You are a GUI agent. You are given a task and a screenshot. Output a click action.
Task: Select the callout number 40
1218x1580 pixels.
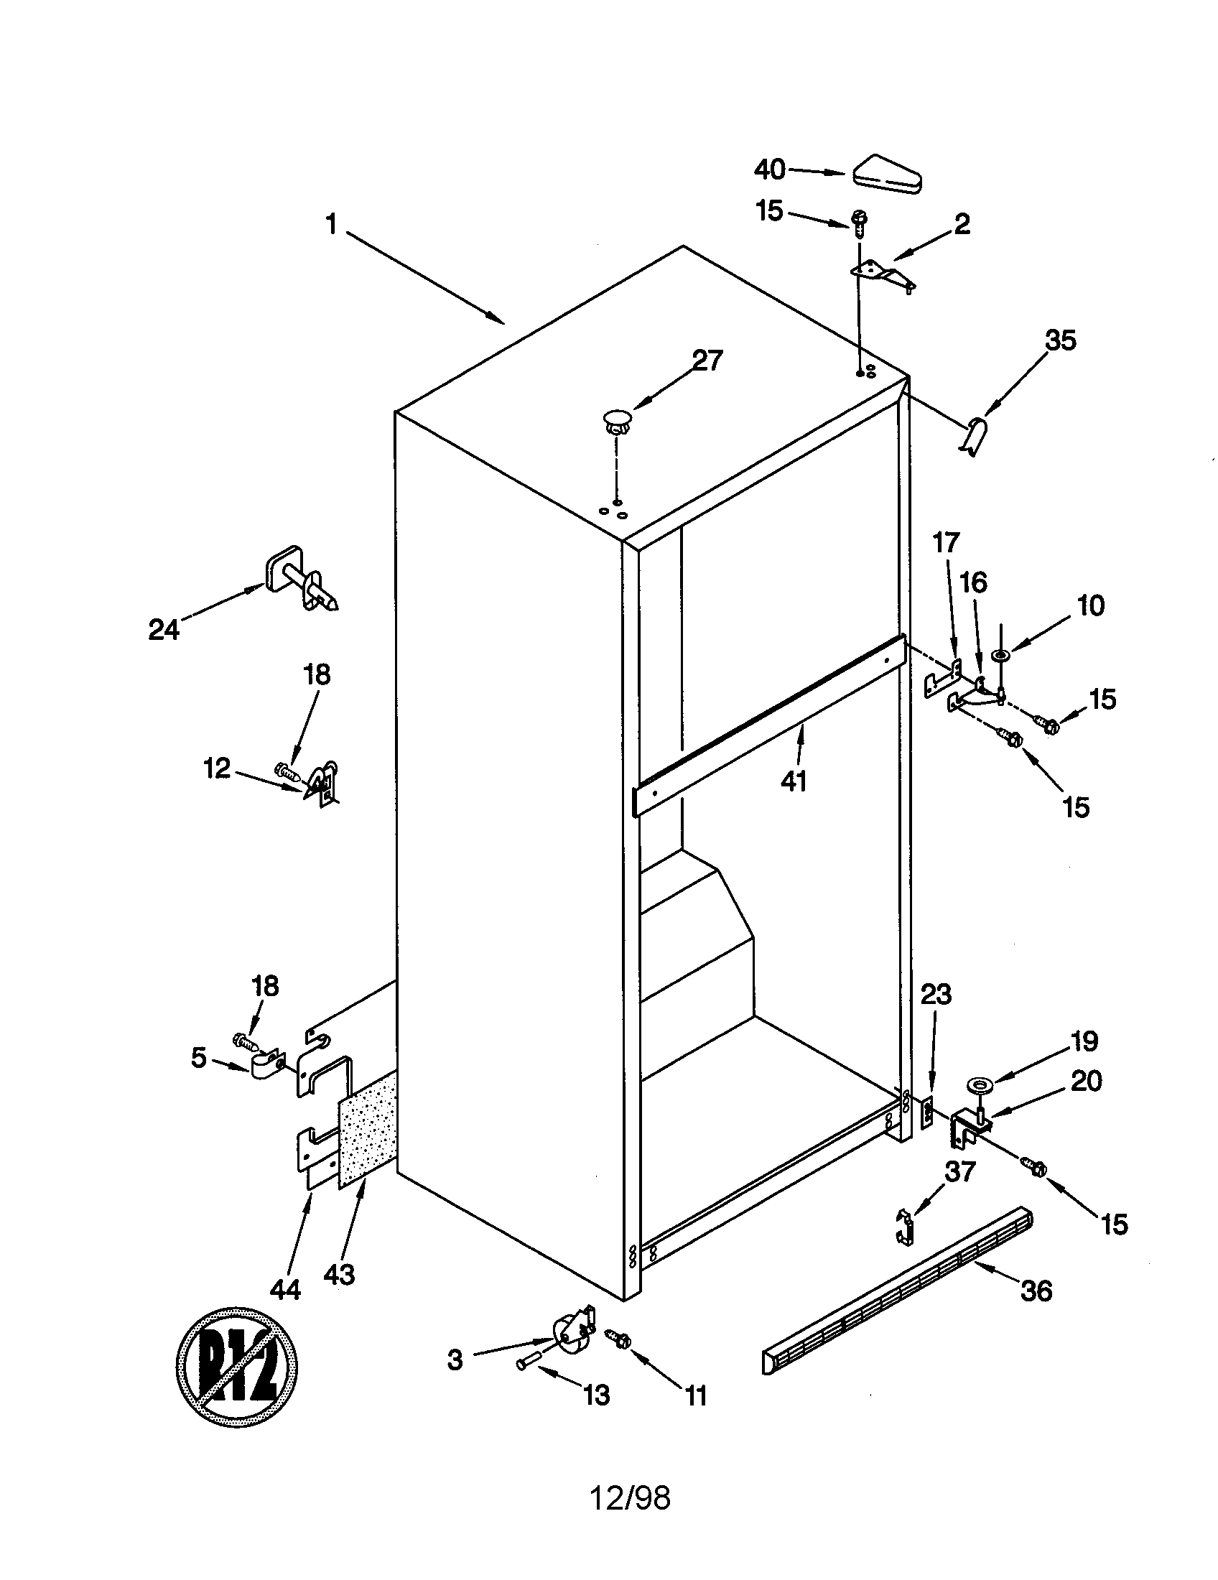pyautogui.click(x=770, y=169)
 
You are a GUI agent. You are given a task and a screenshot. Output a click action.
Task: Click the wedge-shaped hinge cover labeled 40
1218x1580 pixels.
pyautogui.click(x=887, y=175)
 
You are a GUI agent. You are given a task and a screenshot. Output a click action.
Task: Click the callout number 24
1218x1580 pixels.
pyautogui.click(x=164, y=629)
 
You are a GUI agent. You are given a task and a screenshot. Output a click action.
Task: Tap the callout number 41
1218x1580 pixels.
pyautogui.click(x=794, y=781)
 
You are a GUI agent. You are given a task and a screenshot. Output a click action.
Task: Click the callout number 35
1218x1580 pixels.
pyautogui.click(x=1061, y=340)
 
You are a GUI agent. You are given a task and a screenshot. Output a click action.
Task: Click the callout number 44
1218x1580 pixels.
pyautogui.click(x=285, y=1288)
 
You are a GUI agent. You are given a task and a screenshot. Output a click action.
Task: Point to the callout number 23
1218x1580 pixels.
pyautogui.click(x=936, y=995)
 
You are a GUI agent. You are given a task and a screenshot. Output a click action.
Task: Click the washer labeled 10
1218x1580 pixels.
pyautogui.click(x=1002, y=656)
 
